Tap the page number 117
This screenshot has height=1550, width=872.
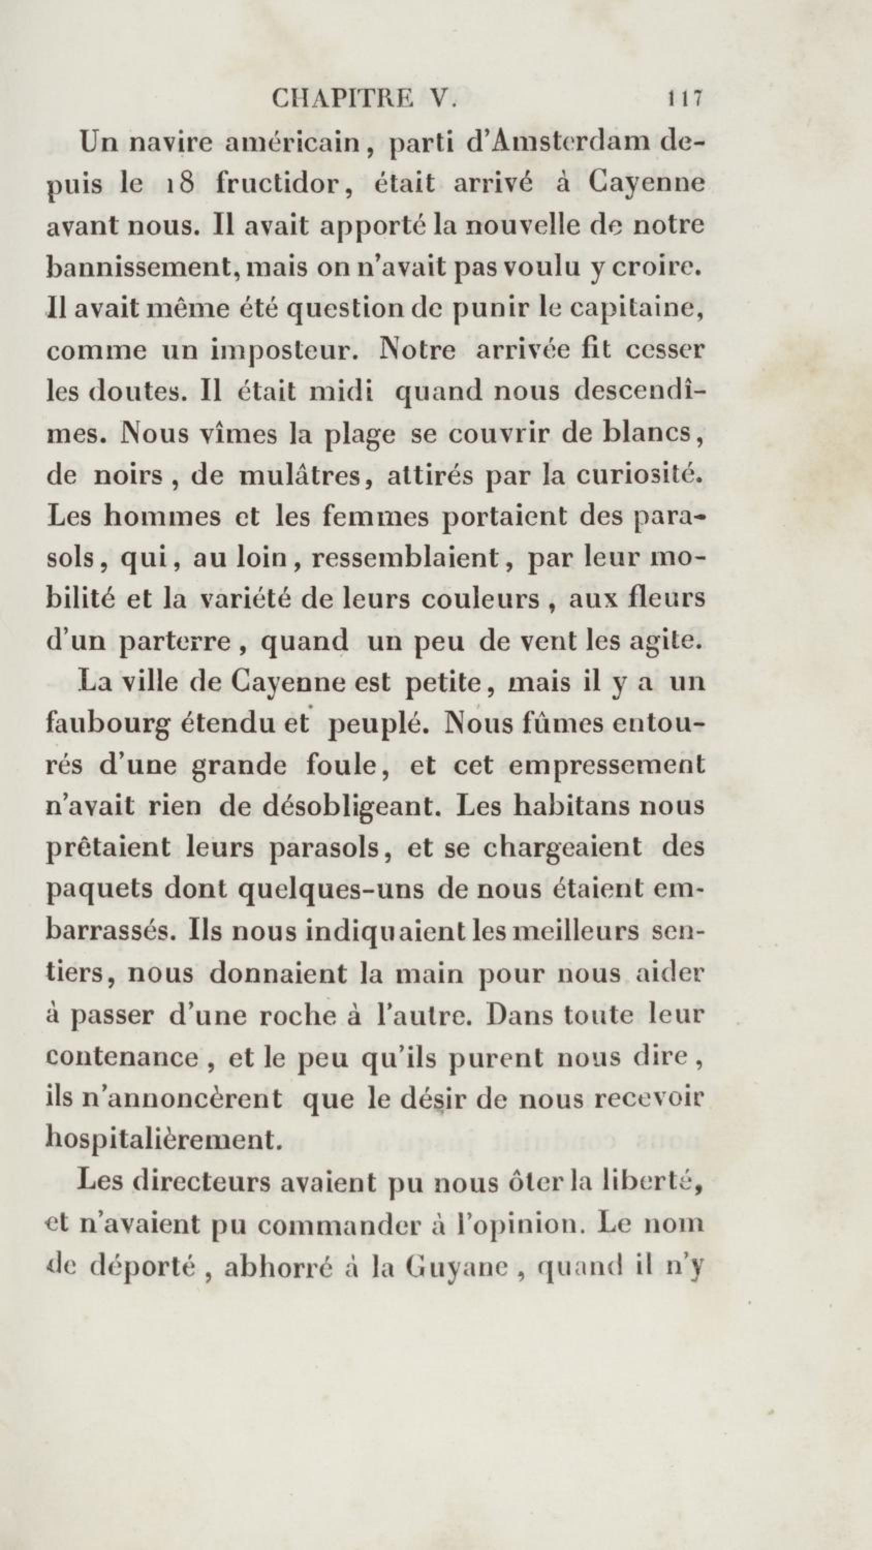tap(684, 98)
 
